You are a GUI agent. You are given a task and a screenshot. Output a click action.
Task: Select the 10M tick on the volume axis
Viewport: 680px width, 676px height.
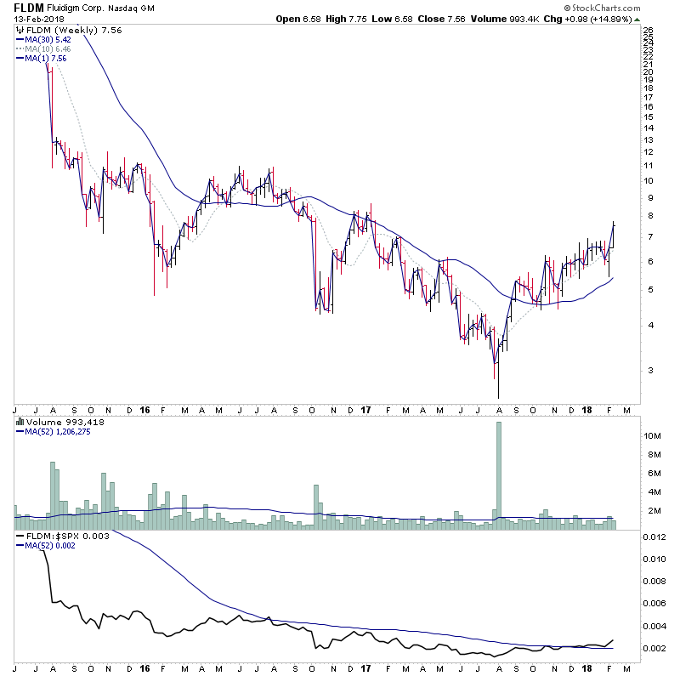653,435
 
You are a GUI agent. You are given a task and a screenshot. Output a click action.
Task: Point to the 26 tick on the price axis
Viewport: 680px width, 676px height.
648,31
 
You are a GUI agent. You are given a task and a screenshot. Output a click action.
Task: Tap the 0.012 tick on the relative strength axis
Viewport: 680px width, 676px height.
654,537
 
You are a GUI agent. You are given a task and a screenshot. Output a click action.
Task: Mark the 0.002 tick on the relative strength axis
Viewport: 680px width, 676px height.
654,648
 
